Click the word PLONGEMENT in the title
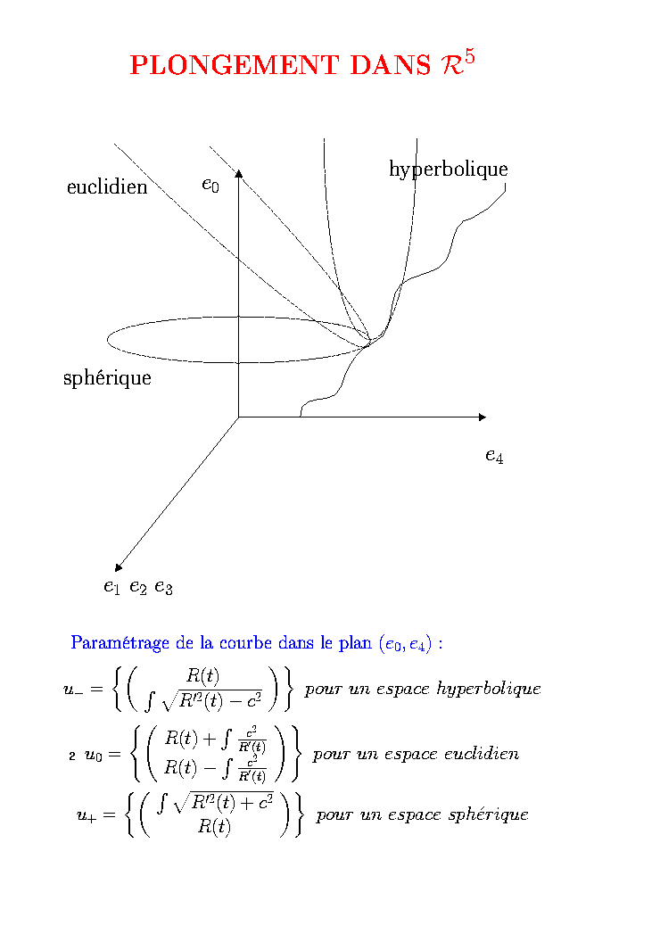point(234,65)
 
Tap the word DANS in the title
point(390,65)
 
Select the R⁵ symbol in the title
point(458,62)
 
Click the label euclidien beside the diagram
point(107,187)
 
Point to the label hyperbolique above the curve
point(449,169)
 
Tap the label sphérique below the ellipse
point(107,378)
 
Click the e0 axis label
point(210,186)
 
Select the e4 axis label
point(494,456)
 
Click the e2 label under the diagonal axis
point(138,588)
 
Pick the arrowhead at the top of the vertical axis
point(239,173)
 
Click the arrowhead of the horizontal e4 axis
point(483,417)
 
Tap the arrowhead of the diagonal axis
point(119,567)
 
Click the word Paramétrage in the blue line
point(120,643)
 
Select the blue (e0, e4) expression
point(405,644)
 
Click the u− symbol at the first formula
point(74,690)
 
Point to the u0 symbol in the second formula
point(94,756)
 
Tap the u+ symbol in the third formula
point(87,815)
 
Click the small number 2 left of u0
point(72,756)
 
